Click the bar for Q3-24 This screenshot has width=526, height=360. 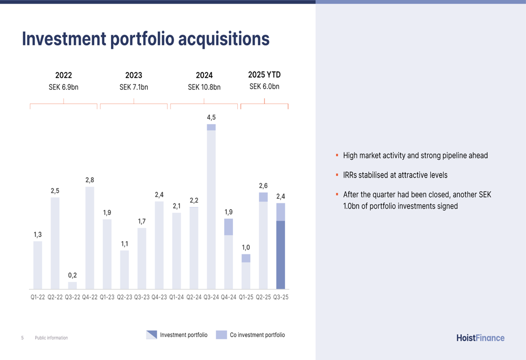tap(211, 210)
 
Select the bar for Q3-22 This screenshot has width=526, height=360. tap(72, 285)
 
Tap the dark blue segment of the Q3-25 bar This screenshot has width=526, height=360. tap(281, 255)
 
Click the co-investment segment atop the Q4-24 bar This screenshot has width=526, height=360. tap(228, 227)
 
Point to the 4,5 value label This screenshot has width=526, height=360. tap(211, 117)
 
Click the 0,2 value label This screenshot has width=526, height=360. tap(72, 275)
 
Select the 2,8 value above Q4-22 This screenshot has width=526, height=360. tap(90, 180)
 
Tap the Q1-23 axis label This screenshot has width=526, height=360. tap(107, 297)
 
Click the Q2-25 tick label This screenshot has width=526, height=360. tap(264, 297)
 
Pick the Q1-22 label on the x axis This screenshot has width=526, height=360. tap(37, 297)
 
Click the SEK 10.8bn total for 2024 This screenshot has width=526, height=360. tap(204, 87)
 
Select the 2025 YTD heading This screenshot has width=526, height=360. tap(264, 75)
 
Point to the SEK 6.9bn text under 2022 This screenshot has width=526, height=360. tap(64, 87)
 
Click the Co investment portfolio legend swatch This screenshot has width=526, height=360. tap(221, 335)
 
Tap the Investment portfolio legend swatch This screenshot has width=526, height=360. tap(151, 335)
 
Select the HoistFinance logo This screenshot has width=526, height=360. tap(480, 338)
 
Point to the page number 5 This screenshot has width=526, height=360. tap(22, 338)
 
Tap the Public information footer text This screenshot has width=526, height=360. tap(51, 338)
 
